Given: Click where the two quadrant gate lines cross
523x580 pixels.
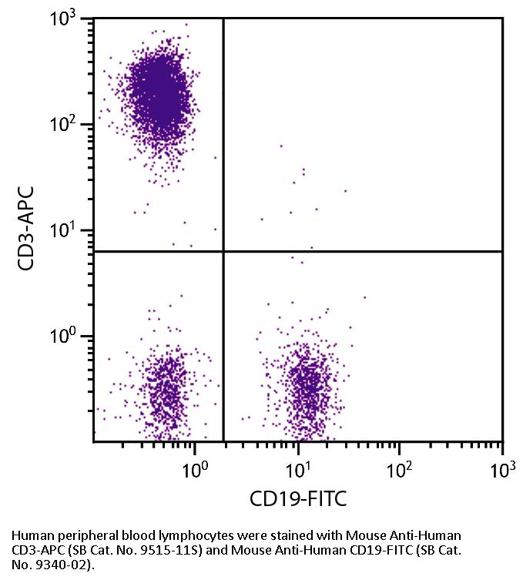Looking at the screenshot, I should click(223, 251).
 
